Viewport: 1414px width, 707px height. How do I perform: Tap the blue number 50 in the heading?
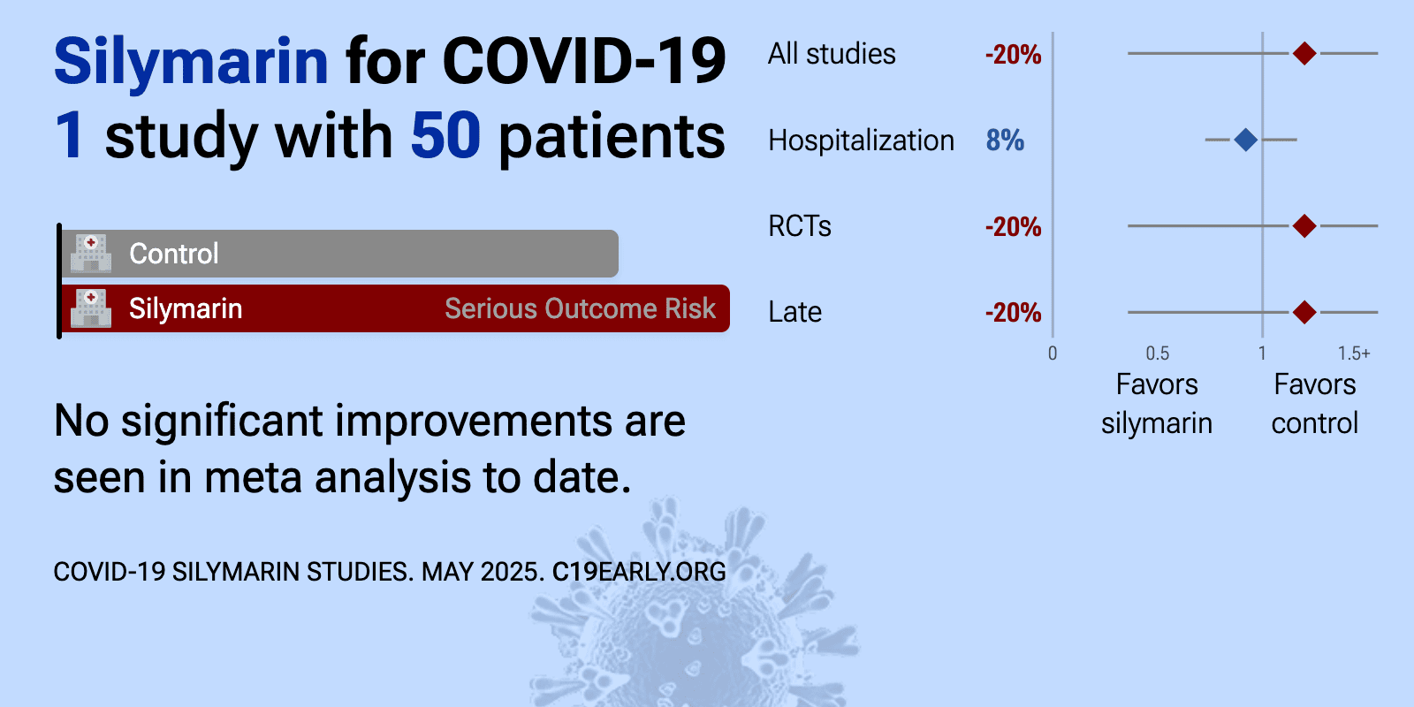tap(445, 135)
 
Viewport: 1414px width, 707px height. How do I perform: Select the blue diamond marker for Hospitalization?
tap(1245, 140)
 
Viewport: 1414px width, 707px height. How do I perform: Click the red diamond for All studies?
tap(1304, 54)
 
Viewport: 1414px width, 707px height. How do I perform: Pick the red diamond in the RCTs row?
tap(1304, 225)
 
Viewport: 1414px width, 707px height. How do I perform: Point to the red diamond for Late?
tap(1304, 312)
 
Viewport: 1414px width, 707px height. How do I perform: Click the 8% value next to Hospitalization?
tap(1005, 141)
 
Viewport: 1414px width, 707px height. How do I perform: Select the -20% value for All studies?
tap(1013, 54)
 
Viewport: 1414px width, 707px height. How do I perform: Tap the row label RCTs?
tap(800, 226)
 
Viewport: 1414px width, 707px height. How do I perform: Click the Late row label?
tap(794, 312)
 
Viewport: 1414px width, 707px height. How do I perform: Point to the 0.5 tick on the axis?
tap(1158, 353)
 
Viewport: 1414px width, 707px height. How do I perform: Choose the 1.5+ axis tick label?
tap(1354, 353)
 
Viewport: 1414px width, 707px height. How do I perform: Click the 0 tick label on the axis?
tap(1053, 353)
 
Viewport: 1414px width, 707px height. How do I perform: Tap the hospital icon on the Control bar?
tap(91, 254)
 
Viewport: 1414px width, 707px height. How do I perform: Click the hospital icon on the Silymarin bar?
tap(91, 308)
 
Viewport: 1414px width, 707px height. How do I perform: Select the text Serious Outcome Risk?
tap(580, 308)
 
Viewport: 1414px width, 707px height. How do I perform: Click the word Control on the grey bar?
tap(173, 254)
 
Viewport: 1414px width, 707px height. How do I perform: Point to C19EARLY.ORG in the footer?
tap(639, 572)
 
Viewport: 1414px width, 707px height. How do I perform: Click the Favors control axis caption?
tap(1315, 403)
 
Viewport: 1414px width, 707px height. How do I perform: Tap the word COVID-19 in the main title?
tap(584, 62)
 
